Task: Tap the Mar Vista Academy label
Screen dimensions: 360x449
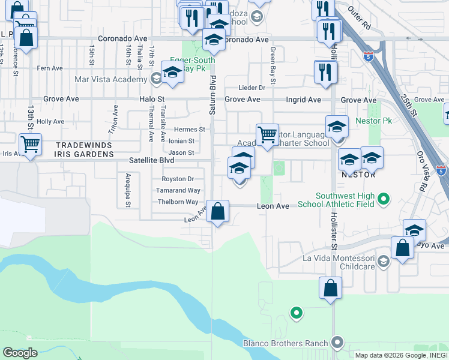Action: pyautogui.click(x=110, y=79)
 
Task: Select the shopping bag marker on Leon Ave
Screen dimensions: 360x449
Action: pyautogui.click(x=217, y=212)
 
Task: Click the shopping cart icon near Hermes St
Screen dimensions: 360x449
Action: pyautogui.click(x=267, y=134)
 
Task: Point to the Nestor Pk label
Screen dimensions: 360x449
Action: pyautogui.click(x=378, y=121)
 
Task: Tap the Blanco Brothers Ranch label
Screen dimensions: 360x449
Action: pyautogui.click(x=285, y=344)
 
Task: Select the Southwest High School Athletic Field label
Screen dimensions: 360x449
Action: pyautogui.click(x=345, y=200)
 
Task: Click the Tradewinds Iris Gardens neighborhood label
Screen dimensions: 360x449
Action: pyautogui.click(x=85, y=149)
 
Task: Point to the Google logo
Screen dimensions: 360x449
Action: pyautogui.click(x=20, y=353)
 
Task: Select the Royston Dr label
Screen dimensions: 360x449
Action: pyautogui.click(x=178, y=179)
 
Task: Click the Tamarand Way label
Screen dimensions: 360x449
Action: pyautogui.click(x=178, y=190)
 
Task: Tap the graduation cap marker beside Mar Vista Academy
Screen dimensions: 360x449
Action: pyautogui.click(x=172, y=72)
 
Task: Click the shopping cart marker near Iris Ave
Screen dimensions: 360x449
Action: pyautogui.click(x=30, y=144)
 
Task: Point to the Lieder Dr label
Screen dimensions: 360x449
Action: pyautogui.click(x=252, y=88)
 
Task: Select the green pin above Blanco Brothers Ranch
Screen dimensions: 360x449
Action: pyautogui.click(x=295, y=313)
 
